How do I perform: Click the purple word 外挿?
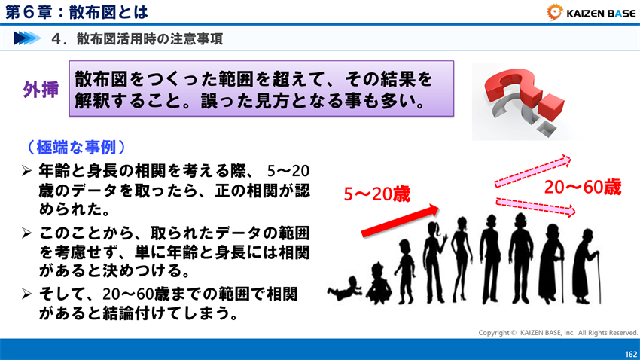click(42, 90)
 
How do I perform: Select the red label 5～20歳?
click(376, 194)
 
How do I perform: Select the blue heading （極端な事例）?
click(75, 146)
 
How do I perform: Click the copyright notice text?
click(558, 332)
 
